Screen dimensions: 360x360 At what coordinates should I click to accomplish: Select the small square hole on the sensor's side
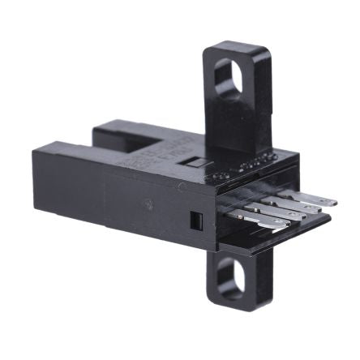(x=195, y=219)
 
